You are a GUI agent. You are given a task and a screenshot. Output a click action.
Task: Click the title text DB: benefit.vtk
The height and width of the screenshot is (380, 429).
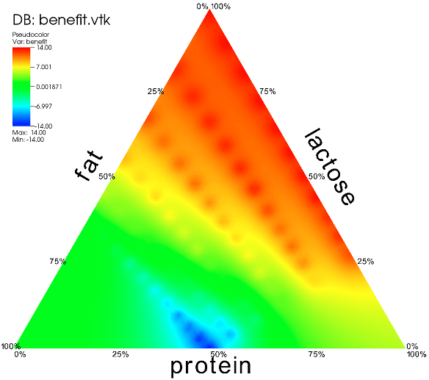pyautogui.click(x=61, y=20)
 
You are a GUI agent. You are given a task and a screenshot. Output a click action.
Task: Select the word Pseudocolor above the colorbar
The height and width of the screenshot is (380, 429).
pyautogui.click(x=31, y=35)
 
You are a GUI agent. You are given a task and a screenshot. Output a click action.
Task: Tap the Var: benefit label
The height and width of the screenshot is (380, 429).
pyautogui.click(x=29, y=42)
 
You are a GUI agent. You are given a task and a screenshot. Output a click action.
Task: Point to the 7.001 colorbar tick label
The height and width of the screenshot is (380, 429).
pyautogui.click(x=44, y=67)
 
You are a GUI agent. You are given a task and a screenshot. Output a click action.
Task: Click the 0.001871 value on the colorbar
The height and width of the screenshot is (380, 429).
pyautogui.click(x=49, y=87)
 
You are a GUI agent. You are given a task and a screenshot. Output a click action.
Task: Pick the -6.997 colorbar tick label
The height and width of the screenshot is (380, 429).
pyautogui.click(x=43, y=107)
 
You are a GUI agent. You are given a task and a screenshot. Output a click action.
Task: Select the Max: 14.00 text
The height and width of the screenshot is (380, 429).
pyautogui.click(x=29, y=132)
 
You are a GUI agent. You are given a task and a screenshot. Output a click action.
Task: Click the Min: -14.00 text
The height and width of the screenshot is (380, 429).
pyautogui.click(x=28, y=140)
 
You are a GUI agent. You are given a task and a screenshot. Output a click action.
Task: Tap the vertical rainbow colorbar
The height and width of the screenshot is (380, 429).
pyautogui.click(x=21, y=87)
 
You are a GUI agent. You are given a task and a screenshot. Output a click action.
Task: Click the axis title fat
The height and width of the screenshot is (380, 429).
pyautogui.click(x=89, y=165)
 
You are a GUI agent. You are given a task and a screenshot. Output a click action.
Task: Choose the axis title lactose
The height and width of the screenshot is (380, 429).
pyautogui.click(x=330, y=166)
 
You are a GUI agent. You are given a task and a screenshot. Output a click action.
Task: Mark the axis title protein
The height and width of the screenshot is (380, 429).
pyautogui.click(x=210, y=366)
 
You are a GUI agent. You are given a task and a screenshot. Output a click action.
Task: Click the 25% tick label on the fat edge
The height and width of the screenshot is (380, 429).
pyautogui.click(x=156, y=91)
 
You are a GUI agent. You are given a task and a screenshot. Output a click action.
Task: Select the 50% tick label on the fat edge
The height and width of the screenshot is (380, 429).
pyautogui.click(x=107, y=176)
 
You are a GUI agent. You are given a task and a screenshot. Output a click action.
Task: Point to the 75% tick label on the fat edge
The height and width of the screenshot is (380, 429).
pyautogui.click(x=58, y=262)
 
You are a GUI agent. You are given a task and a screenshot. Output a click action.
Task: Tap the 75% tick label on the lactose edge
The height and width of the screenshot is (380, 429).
pyautogui.click(x=267, y=91)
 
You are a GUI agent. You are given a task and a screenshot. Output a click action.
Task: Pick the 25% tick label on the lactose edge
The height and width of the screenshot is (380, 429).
pyautogui.click(x=366, y=262)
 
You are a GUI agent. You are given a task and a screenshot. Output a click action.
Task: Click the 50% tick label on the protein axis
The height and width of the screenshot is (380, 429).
pyautogui.click(x=219, y=354)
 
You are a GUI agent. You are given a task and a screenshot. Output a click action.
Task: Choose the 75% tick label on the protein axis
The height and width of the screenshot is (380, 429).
pyautogui.click(x=317, y=354)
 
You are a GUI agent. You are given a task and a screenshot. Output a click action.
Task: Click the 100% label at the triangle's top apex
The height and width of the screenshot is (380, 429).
pyautogui.click(x=221, y=7)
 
